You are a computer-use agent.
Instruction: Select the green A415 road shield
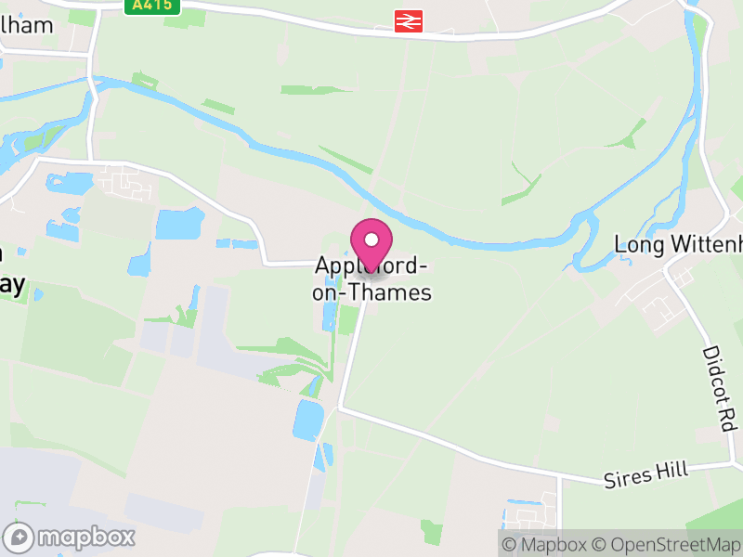pyautogui.click(x=152, y=6)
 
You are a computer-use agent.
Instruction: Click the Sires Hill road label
pyautogui.click(x=646, y=473)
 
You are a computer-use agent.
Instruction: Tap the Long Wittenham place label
pyautogui.click(x=679, y=244)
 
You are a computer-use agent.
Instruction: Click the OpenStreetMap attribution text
pyautogui.click(x=669, y=545)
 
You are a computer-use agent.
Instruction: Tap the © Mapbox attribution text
pyautogui.click(x=547, y=545)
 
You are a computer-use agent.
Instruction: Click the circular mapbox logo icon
pyautogui.click(x=20, y=537)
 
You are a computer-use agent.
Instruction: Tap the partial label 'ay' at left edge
pyautogui.click(x=11, y=284)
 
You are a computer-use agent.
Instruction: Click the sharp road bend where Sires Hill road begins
pyautogui.click(x=339, y=407)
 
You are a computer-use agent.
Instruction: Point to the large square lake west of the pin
pyautogui.click(x=179, y=224)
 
